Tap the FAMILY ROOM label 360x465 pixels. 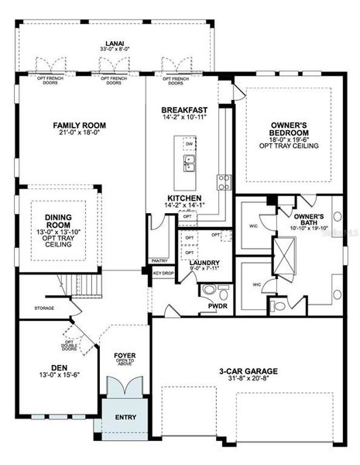point(79,125)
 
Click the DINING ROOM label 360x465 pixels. point(58,220)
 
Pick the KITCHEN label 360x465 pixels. point(184,198)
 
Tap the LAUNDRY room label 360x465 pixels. point(204,263)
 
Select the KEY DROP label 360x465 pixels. point(163,273)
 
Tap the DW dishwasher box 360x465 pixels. point(190,144)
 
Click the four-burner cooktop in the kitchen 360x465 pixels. point(224,182)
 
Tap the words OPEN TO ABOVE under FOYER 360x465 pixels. point(125,362)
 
